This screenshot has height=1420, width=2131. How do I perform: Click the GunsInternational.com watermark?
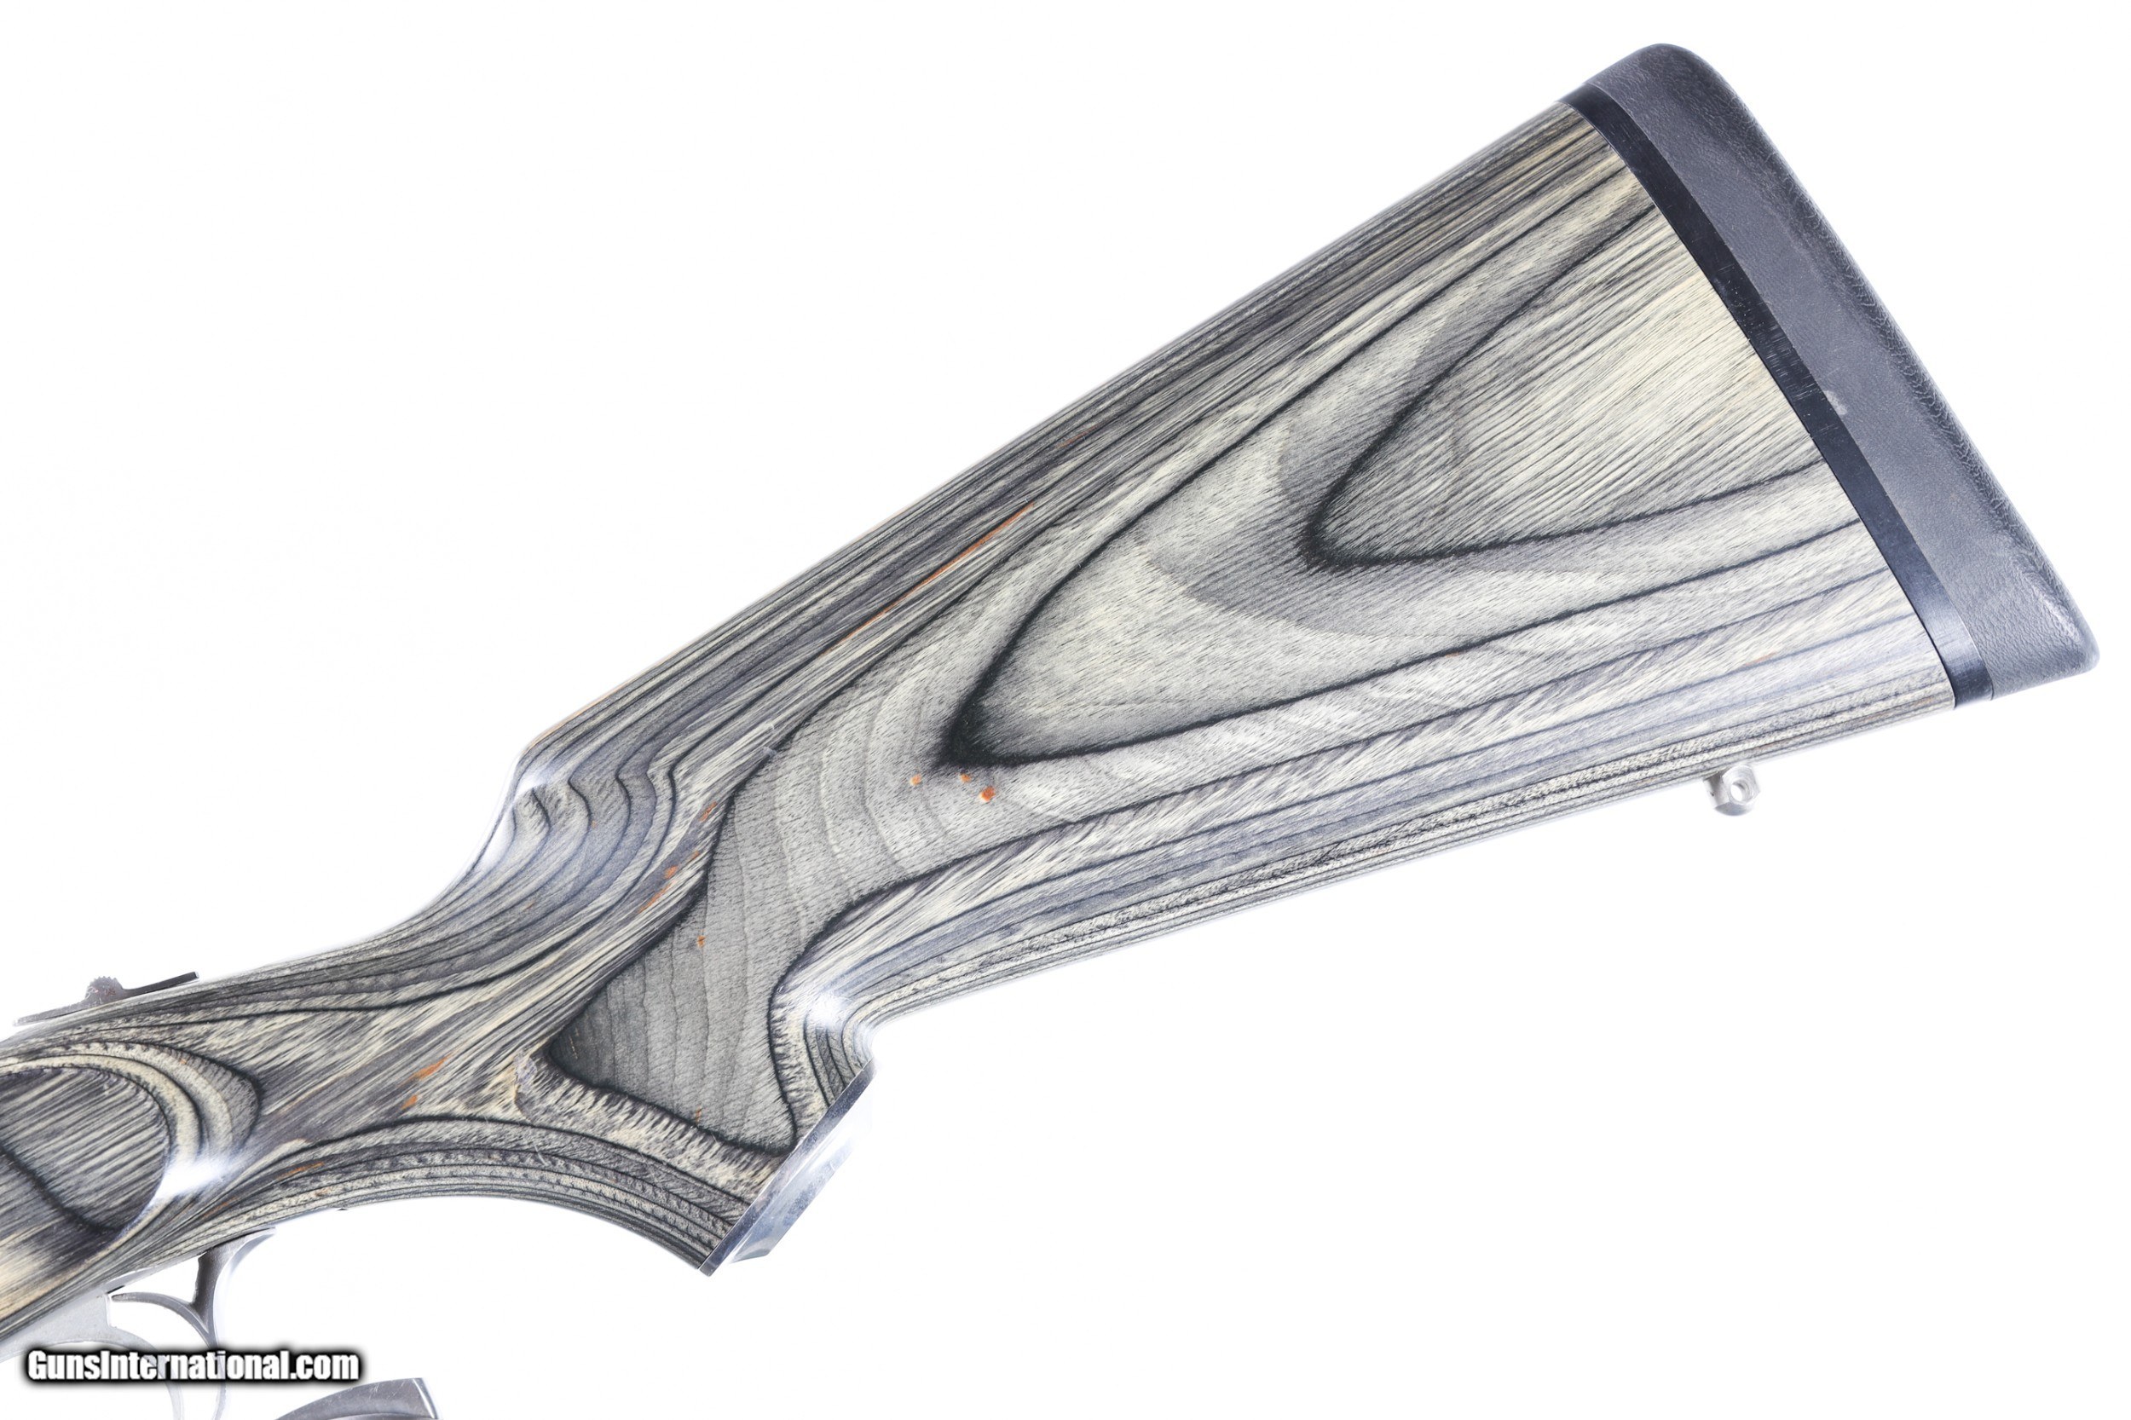click(x=193, y=1365)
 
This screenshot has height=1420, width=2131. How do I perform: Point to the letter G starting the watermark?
click(x=38, y=1365)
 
